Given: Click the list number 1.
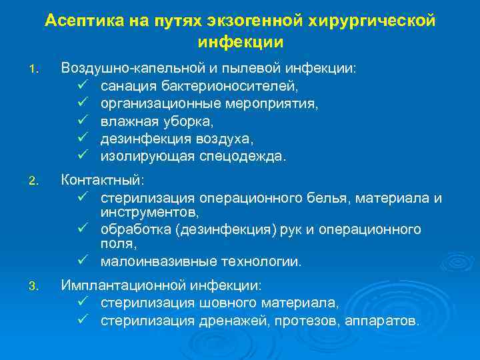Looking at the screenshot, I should tap(35, 69).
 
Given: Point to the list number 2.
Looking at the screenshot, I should tap(35, 180).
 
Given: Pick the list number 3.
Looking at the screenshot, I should tap(35, 287).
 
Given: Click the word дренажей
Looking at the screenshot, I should tap(237, 321).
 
